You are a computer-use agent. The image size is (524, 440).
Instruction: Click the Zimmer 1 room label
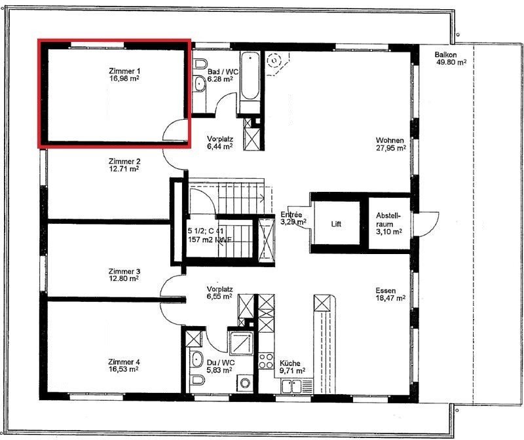pyautogui.click(x=124, y=71)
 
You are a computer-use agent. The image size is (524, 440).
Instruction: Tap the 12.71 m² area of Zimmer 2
pyautogui.click(x=124, y=169)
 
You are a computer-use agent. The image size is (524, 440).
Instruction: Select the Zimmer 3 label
pyautogui.click(x=124, y=271)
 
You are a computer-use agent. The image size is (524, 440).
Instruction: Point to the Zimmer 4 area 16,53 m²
pyautogui.click(x=124, y=369)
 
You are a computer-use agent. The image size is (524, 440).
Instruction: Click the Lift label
pyautogui.click(x=336, y=224)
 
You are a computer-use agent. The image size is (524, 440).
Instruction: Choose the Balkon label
pyautogui.click(x=446, y=54)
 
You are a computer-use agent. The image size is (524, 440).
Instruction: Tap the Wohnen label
pyautogui.click(x=390, y=140)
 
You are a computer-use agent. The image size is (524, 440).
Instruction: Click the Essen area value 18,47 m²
pyautogui.click(x=390, y=298)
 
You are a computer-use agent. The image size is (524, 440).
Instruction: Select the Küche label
pyautogui.click(x=290, y=363)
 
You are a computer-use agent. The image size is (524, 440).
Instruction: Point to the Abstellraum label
pyautogui.click(x=388, y=219)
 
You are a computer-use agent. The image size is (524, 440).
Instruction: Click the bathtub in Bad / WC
pyautogui.click(x=250, y=76)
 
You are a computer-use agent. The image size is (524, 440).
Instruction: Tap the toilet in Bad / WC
pyautogui.click(x=200, y=64)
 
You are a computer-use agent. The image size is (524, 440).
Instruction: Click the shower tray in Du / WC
pyautogui.click(x=240, y=343)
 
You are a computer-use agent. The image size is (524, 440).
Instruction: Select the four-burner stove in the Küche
pyautogui.click(x=267, y=361)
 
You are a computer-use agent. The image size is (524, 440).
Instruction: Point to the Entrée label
pyautogui.click(x=291, y=215)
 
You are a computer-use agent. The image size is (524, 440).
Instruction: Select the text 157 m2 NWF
pyautogui.click(x=210, y=239)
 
